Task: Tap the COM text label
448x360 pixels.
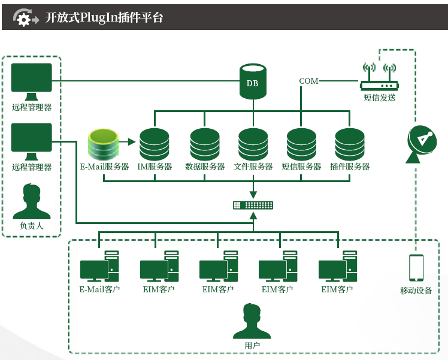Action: point(309,81)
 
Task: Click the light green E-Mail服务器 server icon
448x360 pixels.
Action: point(102,144)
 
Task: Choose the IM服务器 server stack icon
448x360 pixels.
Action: point(155,144)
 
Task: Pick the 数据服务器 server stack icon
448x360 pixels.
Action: point(205,144)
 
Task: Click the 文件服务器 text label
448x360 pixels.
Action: point(253,167)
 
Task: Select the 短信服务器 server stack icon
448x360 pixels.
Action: point(301,144)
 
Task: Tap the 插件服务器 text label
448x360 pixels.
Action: point(350,167)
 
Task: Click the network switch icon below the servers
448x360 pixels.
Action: point(253,205)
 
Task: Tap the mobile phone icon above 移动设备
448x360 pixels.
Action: point(416,267)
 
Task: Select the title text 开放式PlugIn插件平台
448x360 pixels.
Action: point(104,18)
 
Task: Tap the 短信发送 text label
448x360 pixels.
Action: point(379,98)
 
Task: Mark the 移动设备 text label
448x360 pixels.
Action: point(416,291)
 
